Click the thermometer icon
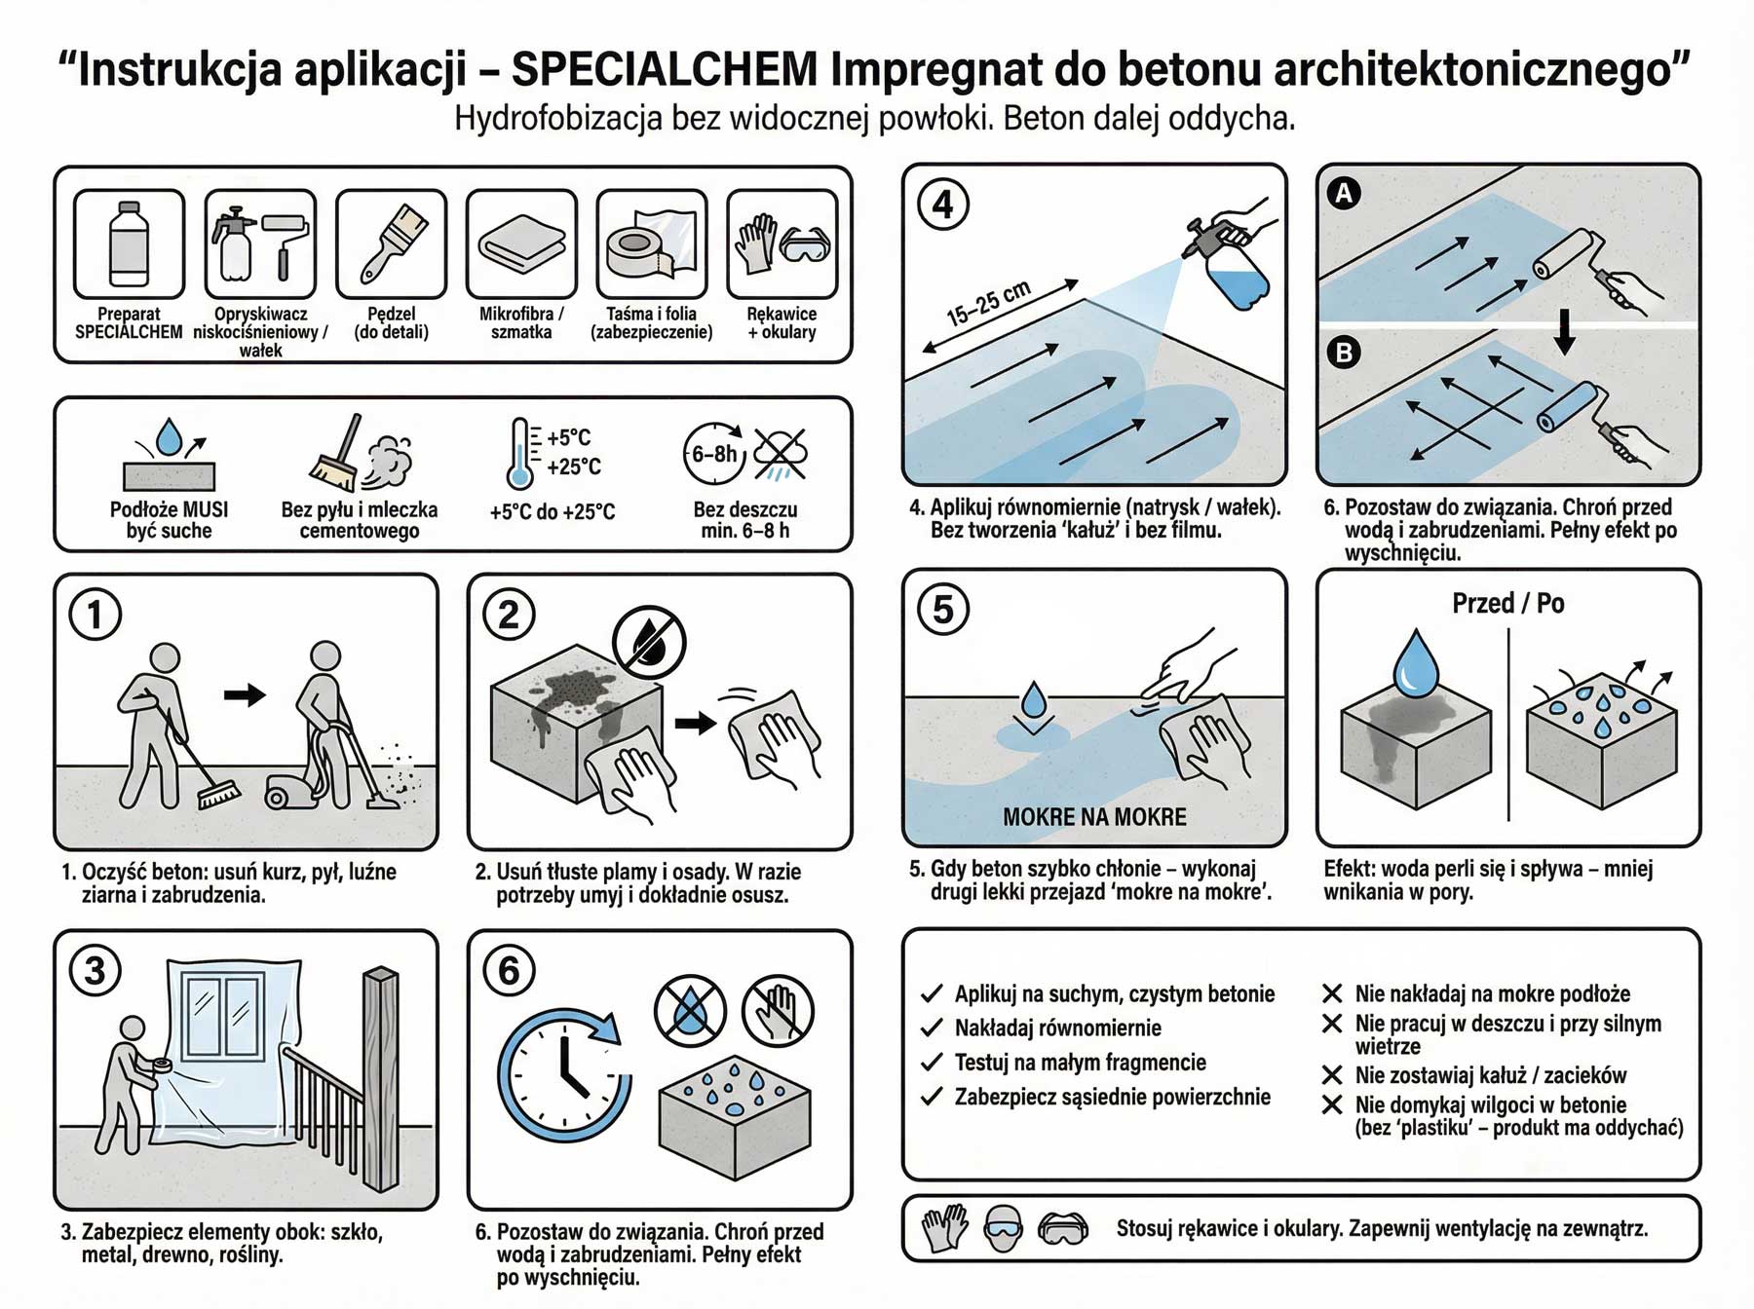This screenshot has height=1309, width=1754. pos(520,454)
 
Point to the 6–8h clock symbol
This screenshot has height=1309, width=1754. pos(713,454)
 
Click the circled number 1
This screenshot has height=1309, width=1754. pos(95,615)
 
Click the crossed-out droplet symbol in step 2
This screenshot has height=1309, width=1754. pos(649,642)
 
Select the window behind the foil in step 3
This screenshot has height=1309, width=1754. pos(223,1018)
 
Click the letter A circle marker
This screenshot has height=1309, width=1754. pos(1344,194)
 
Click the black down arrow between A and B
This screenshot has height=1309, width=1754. pos(1564,332)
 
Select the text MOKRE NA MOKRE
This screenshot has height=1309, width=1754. pos(1094,817)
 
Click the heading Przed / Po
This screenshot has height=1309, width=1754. pos(1507,604)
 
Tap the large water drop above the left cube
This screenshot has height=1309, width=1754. pos(1415,663)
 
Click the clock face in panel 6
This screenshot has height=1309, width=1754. pos(563,1076)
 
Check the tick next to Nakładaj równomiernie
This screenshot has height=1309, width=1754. pos(932,1028)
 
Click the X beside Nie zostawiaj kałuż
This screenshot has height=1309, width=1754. pos(1332,1075)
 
